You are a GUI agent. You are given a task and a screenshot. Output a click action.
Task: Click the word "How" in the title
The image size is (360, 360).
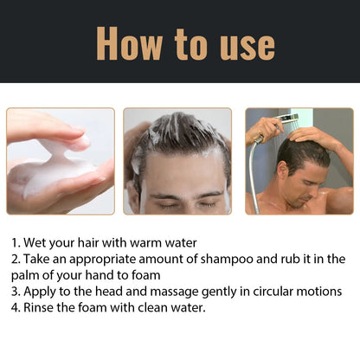tap(131, 42)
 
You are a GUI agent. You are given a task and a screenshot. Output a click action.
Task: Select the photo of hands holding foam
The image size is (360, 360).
tap(61, 161)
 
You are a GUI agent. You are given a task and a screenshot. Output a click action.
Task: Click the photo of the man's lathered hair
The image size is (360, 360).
tap(177, 161)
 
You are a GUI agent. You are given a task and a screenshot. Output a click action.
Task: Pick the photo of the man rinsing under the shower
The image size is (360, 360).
tap(299, 161)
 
